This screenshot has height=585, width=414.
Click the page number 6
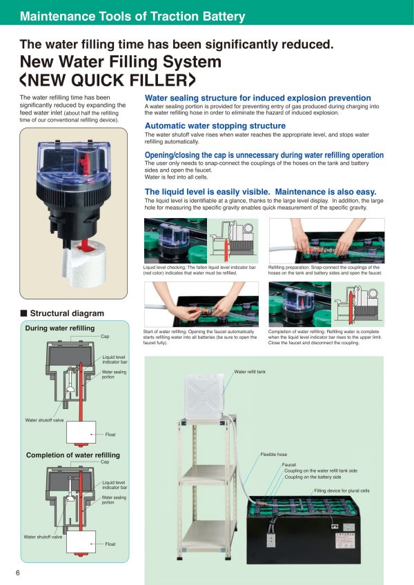click(x=17, y=573)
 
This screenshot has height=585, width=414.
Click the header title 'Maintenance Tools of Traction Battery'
click(x=132, y=17)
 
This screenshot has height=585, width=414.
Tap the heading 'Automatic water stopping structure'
click(x=215, y=126)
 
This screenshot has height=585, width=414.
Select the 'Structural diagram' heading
click(x=67, y=313)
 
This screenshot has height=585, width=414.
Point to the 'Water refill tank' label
click(x=250, y=372)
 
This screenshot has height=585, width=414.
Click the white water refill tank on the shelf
click(x=204, y=397)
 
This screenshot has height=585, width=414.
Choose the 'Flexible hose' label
click(x=274, y=455)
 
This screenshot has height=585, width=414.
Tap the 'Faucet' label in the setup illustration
click(x=289, y=465)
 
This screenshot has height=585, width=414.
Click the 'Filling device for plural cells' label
click(x=342, y=490)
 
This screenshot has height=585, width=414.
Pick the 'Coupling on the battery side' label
click(x=313, y=477)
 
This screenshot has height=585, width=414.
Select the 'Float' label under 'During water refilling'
click(x=110, y=435)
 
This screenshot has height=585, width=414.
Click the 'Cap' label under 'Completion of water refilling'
click(x=105, y=462)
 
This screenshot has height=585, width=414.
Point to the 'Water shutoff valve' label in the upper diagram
click(x=44, y=420)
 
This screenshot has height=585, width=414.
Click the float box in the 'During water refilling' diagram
click(x=81, y=433)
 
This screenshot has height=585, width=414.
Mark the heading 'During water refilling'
click(x=60, y=328)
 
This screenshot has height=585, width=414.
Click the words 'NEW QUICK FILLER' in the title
click(x=108, y=80)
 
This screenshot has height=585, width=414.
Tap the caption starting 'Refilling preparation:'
click(x=325, y=270)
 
